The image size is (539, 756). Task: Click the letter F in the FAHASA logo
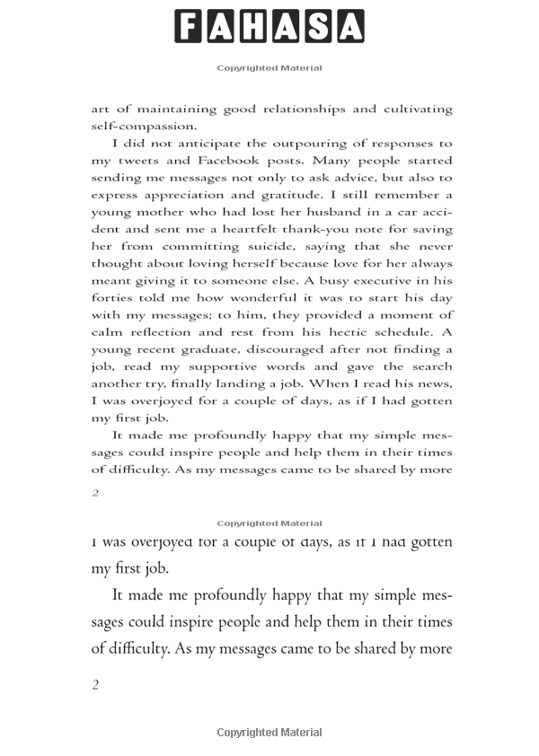pyautogui.click(x=189, y=26)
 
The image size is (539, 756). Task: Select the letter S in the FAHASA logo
pyautogui.click(x=318, y=26)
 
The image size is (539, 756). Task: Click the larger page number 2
pyautogui.click(x=95, y=685)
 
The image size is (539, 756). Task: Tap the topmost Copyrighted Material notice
pyautogui.click(x=269, y=68)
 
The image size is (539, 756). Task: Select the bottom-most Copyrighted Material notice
pyautogui.click(x=269, y=733)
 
